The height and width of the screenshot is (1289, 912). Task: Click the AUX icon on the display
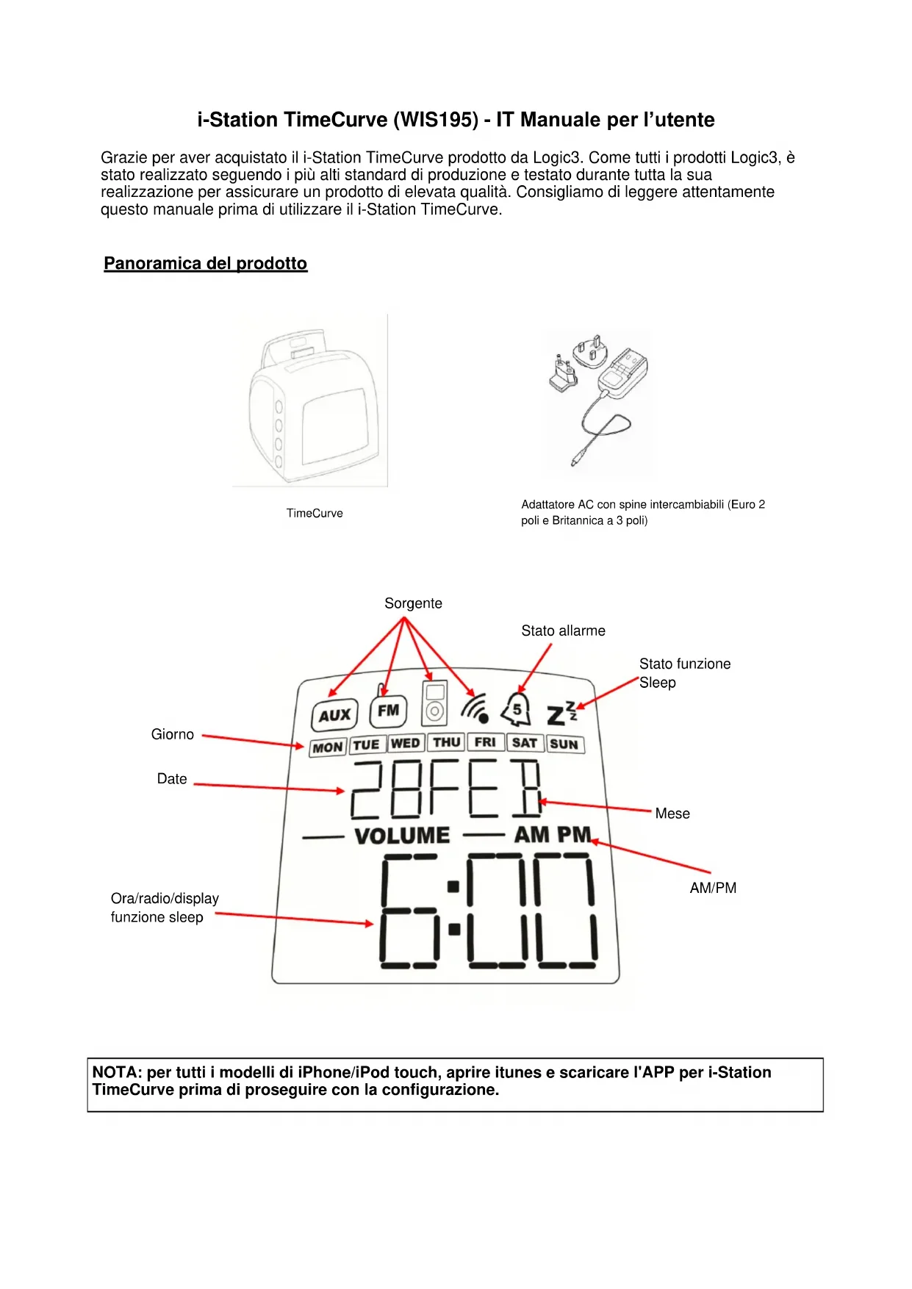point(334,715)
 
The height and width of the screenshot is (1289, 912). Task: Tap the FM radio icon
point(388,711)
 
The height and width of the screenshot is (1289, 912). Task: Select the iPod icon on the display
point(434,703)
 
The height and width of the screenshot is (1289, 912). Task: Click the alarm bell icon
point(517,709)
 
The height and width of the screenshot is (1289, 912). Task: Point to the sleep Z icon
point(561,713)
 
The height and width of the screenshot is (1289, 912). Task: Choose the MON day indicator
point(328,747)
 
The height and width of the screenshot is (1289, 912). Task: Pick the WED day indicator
point(406,743)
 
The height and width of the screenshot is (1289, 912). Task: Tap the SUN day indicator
point(564,744)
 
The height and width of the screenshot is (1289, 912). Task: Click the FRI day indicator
point(485,742)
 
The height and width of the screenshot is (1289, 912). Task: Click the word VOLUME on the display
point(402,836)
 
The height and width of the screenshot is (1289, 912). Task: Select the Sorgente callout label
point(413,603)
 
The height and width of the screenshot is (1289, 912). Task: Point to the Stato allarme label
point(563,631)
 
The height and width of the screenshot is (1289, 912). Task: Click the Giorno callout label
point(173,734)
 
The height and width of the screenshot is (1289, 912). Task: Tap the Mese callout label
point(672,814)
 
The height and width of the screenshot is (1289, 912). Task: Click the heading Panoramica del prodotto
point(205,263)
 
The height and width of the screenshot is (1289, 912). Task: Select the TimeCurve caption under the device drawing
point(315,513)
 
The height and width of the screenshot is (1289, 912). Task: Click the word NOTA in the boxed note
point(116,1072)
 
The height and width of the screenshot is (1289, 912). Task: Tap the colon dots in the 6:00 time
point(453,908)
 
